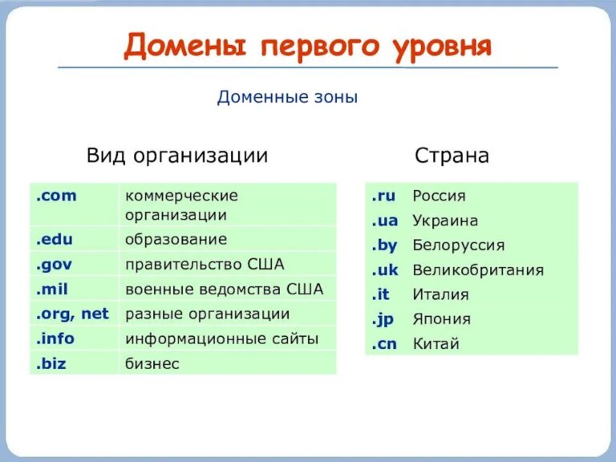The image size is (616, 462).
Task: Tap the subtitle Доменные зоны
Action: (x=287, y=98)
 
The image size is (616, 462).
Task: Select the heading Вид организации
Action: (x=177, y=155)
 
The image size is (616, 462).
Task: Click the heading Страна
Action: (x=452, y=155)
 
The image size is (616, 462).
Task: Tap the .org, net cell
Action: (x=71, y=314)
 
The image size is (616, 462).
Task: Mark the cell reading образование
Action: (x=176, y=239)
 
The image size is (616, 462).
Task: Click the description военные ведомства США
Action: (x=224, y=290)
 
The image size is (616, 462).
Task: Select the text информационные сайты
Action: (x=221, y=339)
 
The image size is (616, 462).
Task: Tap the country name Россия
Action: (x=439, y=196)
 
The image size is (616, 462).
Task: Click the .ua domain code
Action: (x=384, y=221)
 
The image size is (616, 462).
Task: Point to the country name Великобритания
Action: (x=478, y=270)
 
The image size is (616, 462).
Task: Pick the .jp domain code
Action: (x=383, y=319)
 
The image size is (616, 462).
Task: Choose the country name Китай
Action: (x=436, y=344)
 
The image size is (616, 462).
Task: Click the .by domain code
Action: (x=384, y=245)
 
